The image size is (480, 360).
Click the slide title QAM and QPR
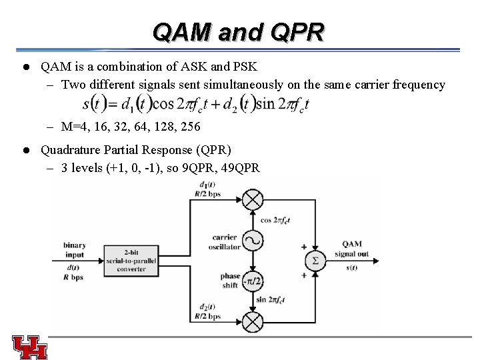(x=238, y=31)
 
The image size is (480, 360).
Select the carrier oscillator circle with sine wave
(x=253, y=240)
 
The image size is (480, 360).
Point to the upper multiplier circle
(x=253, y=199)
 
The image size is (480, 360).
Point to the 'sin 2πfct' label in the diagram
(x=274, y=301)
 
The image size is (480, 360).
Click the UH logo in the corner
(x=29, y=347)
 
